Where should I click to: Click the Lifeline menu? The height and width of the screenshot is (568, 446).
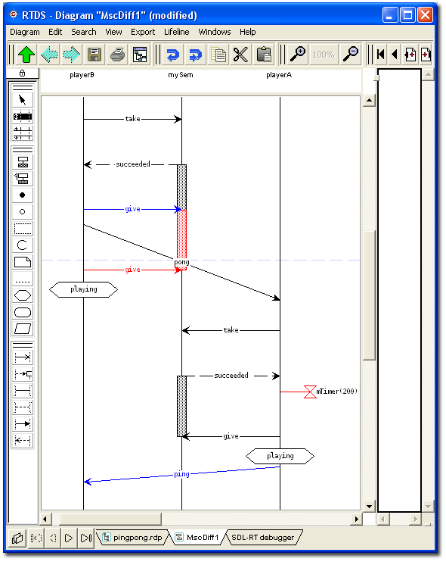point(177,32)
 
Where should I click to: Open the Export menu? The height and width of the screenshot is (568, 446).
point(143,32)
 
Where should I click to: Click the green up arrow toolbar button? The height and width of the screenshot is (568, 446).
point(26,55)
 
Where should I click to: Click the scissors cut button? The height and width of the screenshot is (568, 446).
point(240,55)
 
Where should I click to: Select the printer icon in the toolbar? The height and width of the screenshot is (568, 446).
point(117,55)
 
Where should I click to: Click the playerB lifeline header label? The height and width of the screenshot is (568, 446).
point(82,75)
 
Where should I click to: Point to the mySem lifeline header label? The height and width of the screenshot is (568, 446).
point(181,75)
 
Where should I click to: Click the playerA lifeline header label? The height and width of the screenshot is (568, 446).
point(279,75)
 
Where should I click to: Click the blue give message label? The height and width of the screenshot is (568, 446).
point(132,209)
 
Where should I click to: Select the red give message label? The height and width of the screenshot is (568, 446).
point(132,270)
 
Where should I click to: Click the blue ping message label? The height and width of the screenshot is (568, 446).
point(181,474)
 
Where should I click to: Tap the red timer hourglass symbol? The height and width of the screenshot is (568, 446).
point(310,392)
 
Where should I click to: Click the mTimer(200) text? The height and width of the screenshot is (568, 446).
point(336,392)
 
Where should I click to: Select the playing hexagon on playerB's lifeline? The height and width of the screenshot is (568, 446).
point(84,290)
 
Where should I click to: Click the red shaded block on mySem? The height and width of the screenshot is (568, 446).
point(182,234)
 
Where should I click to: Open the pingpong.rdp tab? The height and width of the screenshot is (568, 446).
point(133,537)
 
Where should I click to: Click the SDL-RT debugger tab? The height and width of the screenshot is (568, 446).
point(262,537)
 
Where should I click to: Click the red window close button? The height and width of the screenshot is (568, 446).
point(425,15)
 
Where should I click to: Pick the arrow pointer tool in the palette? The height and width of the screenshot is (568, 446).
point(23,100)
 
